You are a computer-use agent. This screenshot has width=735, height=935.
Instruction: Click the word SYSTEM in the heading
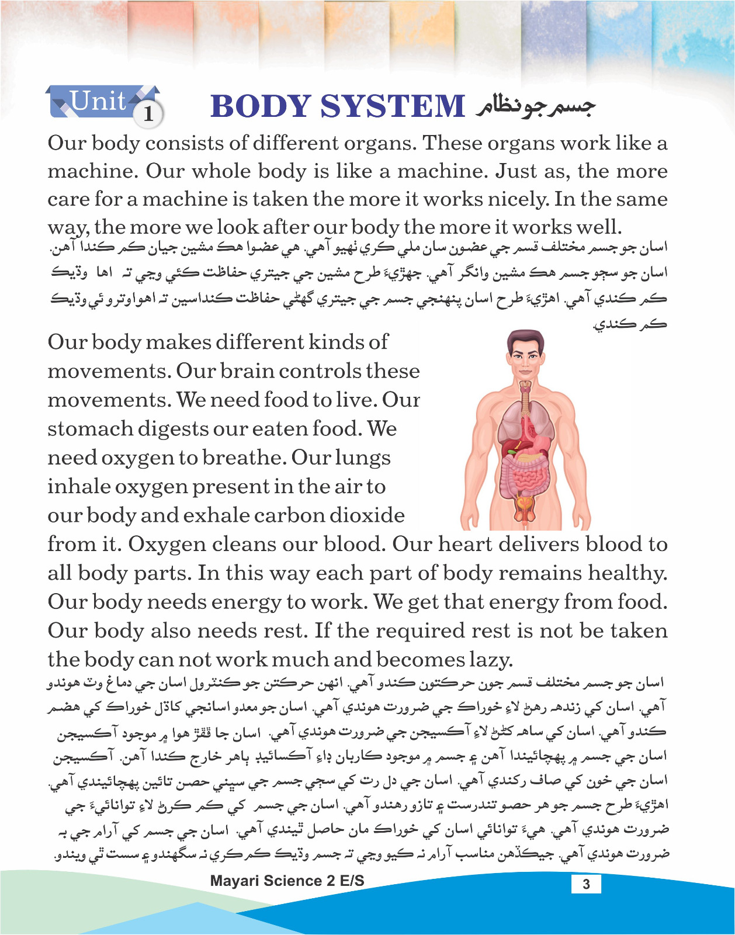click(x=392, y=106)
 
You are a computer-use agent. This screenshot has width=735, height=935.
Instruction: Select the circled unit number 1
click(x=148, y=113)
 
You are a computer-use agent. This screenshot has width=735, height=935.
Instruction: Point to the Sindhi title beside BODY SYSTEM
click(x=535, y=106)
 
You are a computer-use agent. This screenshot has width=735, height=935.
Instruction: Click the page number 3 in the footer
click(x=586, y=884)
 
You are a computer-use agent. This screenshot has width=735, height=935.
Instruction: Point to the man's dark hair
click(x=525, y=338)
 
